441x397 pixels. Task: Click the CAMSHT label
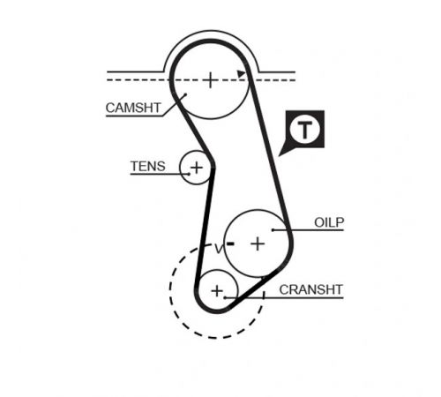tap(133, 108)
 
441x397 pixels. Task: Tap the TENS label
tap(148, 166)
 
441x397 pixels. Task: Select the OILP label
tap(329, 222)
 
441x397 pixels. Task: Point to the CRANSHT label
tap(310, 289)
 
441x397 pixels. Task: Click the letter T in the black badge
tap(304, 130)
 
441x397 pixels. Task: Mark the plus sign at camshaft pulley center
tap(210, 80)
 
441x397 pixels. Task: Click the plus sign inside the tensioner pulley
tap(197, 168)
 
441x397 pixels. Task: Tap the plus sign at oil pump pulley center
tap(258, 243)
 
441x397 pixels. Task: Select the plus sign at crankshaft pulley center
tap(217, 291)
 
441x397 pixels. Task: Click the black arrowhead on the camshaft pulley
tap(241, 74)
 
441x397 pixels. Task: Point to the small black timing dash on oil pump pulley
tap(230, 243)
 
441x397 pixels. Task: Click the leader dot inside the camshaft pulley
tap(185, 94)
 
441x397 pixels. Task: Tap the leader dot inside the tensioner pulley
tap(190, 174)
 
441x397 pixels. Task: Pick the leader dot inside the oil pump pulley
tap(273, 230)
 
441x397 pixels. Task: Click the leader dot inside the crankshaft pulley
tap(225, 297)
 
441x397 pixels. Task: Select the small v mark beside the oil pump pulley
tap(219, 249)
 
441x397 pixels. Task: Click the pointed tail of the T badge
tap(279, 155)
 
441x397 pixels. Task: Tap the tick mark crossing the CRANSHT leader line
tap(264, 296)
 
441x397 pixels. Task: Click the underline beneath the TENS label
tap(160, 174)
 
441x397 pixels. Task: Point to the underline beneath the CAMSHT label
tap(134, 116)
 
